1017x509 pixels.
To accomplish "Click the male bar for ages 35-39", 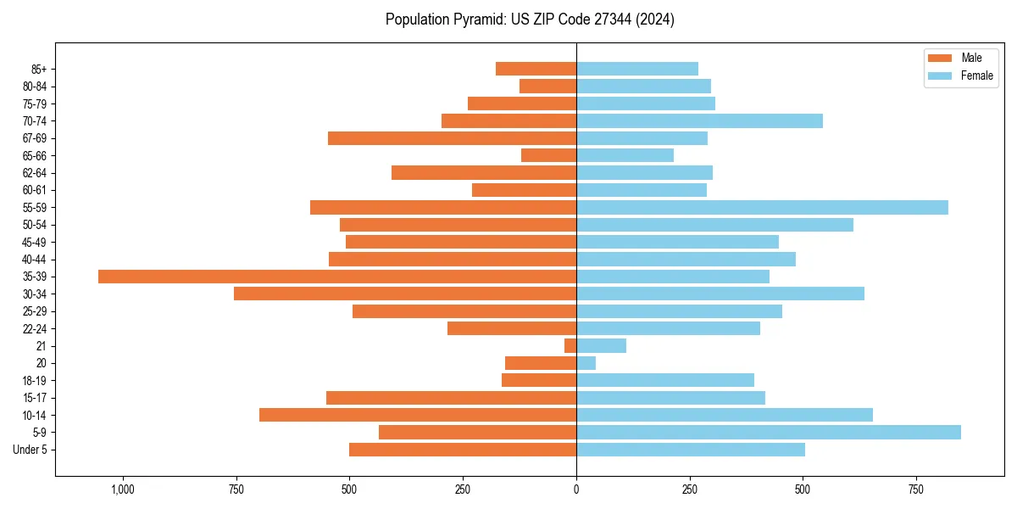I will (x=337, y=277).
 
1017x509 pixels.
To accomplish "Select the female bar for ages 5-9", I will (x=768, y=432).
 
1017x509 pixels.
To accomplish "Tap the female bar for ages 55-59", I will (x=762, y=207).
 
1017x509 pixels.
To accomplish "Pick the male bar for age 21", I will (x=570, y=345).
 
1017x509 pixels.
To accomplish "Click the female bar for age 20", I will (x=586, y=363).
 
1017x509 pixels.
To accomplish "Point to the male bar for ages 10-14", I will (x=418, y=415).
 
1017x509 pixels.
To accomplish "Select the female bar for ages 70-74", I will (x=699, y=120).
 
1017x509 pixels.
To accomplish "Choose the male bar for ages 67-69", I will (x=452, y=138).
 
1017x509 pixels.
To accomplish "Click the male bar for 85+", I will (x=536, y=69).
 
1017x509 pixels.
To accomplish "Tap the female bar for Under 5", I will (x=691, y=450).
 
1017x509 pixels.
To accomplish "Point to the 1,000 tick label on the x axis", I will (x=123, y=489).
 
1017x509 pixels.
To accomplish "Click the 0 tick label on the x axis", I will (x=576, y=489).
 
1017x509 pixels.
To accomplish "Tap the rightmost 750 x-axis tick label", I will (x=915, y=489).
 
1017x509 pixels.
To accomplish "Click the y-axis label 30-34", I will (x=35, y=294).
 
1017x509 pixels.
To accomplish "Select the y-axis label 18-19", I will (x=35, y=381).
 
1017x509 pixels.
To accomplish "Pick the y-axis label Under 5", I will (x=31, y=450).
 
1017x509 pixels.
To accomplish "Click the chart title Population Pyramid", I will (x=530, y=20).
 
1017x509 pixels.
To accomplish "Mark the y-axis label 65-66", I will (x=35, y=156).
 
